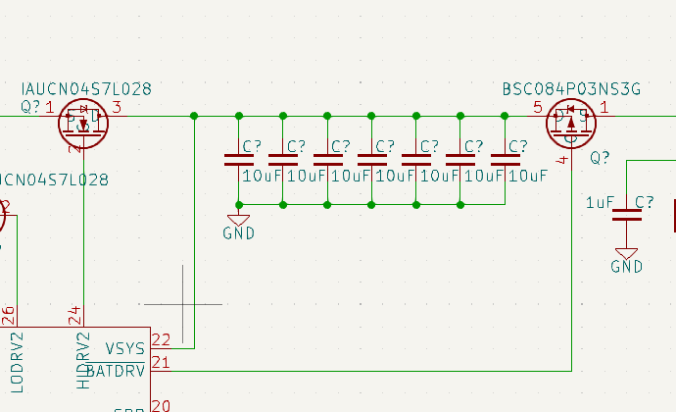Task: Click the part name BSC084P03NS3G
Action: (x=571, y=89)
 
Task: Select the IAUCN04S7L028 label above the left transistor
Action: (x=85, y=89)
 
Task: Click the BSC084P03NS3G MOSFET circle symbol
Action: (x=570, y=121)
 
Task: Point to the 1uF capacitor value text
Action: (x=600, y=202)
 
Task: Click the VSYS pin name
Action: (x=124, y=347)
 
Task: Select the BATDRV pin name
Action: (x=115, y=371)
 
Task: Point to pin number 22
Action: (x=161, y=340)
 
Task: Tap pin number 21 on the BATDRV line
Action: (x=161, y=364)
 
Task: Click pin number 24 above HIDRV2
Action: (x=75, y=315)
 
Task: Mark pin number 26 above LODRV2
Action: (x=9, y=315)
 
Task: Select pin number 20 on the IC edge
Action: (x=161, y=405)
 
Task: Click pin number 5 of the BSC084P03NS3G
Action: (x=537, y=107)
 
